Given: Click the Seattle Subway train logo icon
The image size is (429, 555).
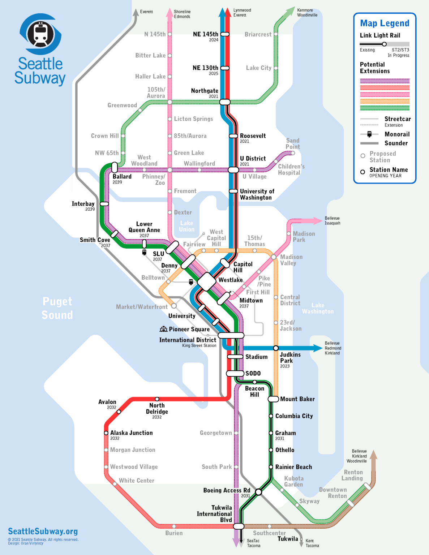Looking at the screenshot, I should tap(40, 34).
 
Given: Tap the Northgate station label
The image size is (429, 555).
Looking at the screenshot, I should tap(205, 91).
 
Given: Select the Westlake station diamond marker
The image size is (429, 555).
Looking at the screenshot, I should tap(206, 281).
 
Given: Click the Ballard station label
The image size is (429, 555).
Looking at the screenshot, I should tap(122, 177).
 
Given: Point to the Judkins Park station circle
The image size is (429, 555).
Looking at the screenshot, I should tap(276, 348).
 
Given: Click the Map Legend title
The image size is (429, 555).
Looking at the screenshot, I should tap(385, 23).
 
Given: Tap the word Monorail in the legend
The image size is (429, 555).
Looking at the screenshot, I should tap(397, 134).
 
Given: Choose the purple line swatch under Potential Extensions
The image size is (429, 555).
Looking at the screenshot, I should tap(385, 81).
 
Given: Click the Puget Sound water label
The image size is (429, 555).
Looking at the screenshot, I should tap(57, 308).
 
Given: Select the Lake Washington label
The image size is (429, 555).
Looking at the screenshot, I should tap(318, 308).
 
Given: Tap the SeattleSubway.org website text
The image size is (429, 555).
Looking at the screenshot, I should tap(43, 531).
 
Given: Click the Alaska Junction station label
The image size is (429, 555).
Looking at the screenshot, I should tap(131, 433).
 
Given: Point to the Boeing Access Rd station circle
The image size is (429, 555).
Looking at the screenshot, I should tap(258, 492).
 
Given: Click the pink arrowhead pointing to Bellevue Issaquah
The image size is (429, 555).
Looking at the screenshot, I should tap(317, 220).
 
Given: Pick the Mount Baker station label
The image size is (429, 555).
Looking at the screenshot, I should tap(297, 399).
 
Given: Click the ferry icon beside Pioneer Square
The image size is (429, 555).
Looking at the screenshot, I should tap(163, 329).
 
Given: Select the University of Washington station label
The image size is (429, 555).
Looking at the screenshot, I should tap(257, 194).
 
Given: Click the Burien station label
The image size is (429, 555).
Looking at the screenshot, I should tap(174, 533).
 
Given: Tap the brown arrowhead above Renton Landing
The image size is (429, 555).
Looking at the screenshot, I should tap(374, 455).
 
